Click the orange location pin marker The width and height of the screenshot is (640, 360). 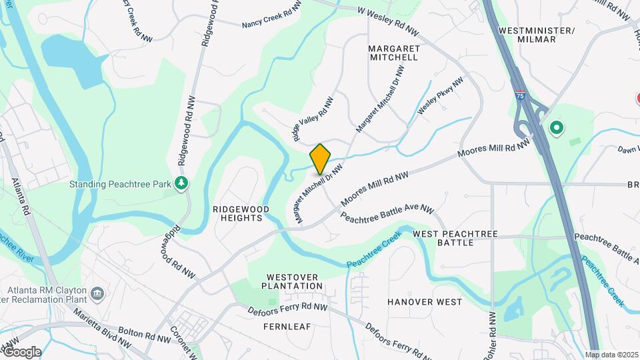point(320,159)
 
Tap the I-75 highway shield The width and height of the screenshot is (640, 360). point(519,96)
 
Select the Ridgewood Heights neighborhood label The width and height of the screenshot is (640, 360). point(241,213)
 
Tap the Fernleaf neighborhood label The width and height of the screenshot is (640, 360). point(287,327)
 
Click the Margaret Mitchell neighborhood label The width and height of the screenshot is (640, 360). point(393,53)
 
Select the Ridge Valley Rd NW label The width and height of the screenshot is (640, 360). point(313,118)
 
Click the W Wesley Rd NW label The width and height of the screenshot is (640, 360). point(388,20)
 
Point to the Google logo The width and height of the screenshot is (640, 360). point(21,352)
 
